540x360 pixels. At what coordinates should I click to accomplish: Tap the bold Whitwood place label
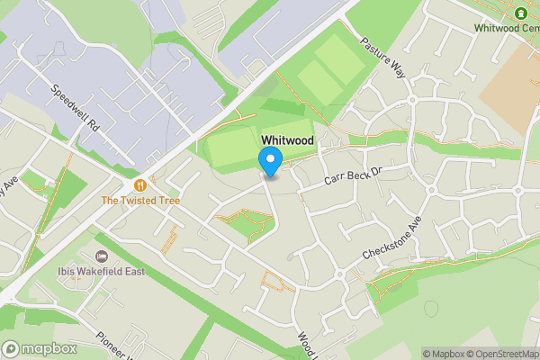(x=288, y=140)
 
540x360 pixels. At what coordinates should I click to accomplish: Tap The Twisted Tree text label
(x=139, y=200)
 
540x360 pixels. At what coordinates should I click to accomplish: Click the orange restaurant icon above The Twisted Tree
(x=139, y=184)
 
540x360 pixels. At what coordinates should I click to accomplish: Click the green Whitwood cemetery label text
(x=506, y=28)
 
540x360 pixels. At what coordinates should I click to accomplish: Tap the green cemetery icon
(x=521, y=13)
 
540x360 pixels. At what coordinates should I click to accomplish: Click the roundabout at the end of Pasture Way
(x=413, y=99)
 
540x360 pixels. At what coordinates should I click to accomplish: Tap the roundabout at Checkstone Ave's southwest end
(x=340, y=274)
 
